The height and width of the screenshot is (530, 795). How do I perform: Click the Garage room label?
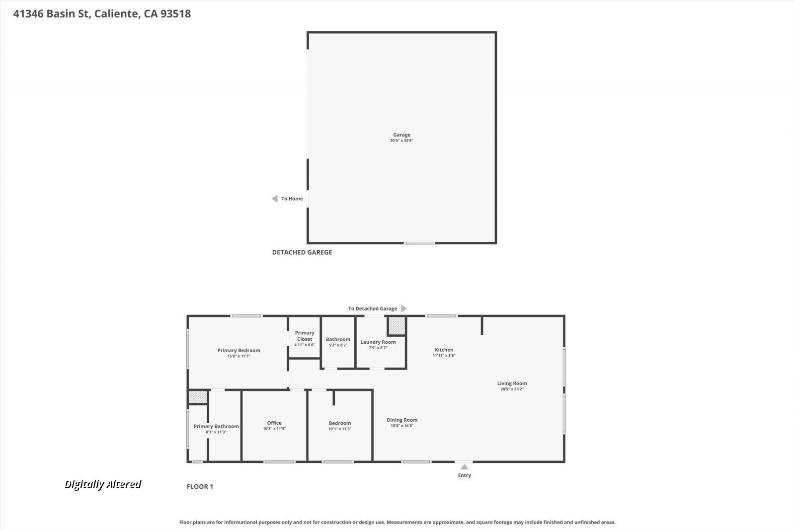pyautogui.click(x=401, y=135)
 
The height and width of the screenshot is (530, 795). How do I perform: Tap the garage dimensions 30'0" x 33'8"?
pyautogui.click(x=401, y=141)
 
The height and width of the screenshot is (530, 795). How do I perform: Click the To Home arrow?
pyautogui.click(x=274, y=199)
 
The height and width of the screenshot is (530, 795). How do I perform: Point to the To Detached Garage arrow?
pyautogui.click(x=403, y=308)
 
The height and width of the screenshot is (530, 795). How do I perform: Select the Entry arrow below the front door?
pyautogui.click(x=464, y=467)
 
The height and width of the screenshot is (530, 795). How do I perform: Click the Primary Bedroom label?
pyautogui.click(x=238, y=350)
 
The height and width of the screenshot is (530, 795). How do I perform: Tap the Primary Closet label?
pyautogui.click(x=305, y=336)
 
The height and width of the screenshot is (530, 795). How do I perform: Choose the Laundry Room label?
pyautogui.click(x=378, y=342)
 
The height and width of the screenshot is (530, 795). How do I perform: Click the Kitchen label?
pyautogui.click(x=444, y=350)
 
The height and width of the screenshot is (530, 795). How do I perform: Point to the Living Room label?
pyautogui.click(x=512, y=383)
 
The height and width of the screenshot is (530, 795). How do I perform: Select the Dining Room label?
pyautogui.click(x=402, y=420)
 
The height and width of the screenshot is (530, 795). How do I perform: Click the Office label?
pyautogui.click(x=274, y=423)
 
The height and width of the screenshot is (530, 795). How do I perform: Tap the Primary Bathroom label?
pyautogui.click(x=216, y=426)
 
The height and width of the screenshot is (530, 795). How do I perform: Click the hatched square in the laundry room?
pyautogui.click(x=397, y=326)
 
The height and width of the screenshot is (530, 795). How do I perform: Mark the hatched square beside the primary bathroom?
pyautogui.click(x=197, y=397)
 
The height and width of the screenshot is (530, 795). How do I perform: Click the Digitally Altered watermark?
pyautogui.click(x=103, y=484)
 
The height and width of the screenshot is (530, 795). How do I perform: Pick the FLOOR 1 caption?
pyautogui.click(x=200, y=486)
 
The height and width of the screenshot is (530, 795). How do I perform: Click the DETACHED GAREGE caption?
pyautogui.click(x=302, y=252)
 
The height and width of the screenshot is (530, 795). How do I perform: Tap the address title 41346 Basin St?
pyautogui.click(x=102, y=13)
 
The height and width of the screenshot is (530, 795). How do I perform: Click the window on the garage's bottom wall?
pyautogui.click(x=419, y=243)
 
